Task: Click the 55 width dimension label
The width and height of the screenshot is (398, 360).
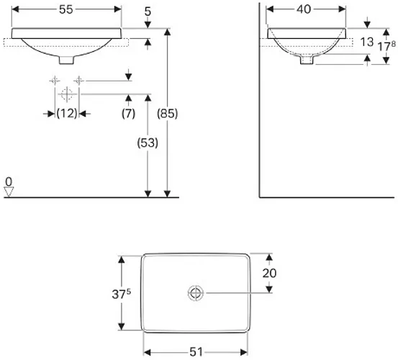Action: (x=66, y=9)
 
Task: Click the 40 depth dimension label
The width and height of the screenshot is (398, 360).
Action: (x=304, y=9)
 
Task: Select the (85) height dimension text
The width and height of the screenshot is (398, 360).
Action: (x=167, y=113)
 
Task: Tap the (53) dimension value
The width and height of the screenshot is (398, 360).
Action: (x=148, y=143)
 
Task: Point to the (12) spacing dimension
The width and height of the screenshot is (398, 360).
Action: (x=67, y=113)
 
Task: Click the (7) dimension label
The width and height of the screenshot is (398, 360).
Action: (x=128, y=114)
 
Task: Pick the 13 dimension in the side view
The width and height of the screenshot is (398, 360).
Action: (x=367, y=42)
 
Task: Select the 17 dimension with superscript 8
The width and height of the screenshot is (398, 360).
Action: (x=386, y=47)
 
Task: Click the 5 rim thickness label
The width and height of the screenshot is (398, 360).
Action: (x=148, y=12)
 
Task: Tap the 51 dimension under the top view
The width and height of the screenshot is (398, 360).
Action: (x=196, y=352)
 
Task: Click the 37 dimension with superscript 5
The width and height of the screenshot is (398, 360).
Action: (x=122, y=294)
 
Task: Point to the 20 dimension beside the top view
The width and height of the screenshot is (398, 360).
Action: (x=269, y=273)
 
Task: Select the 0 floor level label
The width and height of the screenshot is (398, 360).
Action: (x=9, y=182)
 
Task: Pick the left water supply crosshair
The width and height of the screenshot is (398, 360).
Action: (x=55, y=81)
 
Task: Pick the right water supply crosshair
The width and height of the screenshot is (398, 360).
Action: (x=78, y=81)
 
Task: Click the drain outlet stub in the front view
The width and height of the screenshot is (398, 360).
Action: (x=66, y=60)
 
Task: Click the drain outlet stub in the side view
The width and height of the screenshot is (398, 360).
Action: (x=307, y=60)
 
